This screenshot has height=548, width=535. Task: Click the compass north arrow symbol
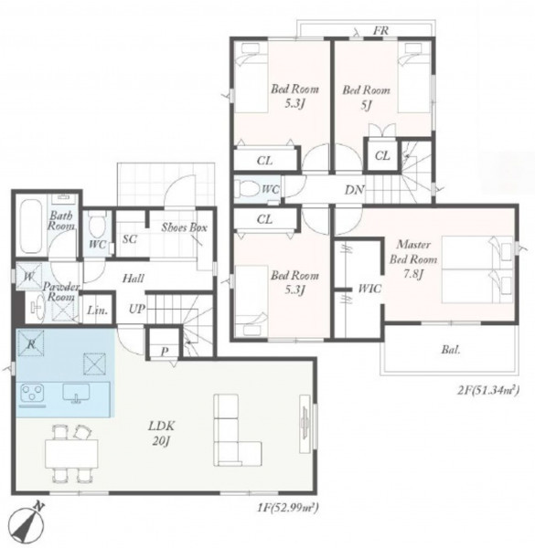[27, 523]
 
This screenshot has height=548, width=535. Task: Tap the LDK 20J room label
[161, 434]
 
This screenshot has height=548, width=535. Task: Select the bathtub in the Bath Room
[30, 227]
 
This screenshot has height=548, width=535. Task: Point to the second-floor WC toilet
[247, 189]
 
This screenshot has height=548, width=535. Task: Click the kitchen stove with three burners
[32, 393]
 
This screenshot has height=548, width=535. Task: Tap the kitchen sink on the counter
[76, 393]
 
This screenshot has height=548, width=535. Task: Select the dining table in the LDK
[71, 453]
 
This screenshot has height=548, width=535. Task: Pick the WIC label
[369, 289]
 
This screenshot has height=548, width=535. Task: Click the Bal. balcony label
[451, 350]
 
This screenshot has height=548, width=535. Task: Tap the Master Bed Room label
[413, 252]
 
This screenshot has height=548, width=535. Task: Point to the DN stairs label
[355, 190]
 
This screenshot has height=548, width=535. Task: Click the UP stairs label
[137, 309]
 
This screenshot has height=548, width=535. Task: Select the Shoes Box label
[184, 227]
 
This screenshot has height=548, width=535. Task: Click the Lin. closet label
[97, 310]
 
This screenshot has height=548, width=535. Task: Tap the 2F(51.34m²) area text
[488, 390]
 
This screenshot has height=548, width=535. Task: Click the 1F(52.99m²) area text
[288, 507]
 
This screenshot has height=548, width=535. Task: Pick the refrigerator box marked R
[31, 343]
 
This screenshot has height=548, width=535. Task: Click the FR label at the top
[380, 30]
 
